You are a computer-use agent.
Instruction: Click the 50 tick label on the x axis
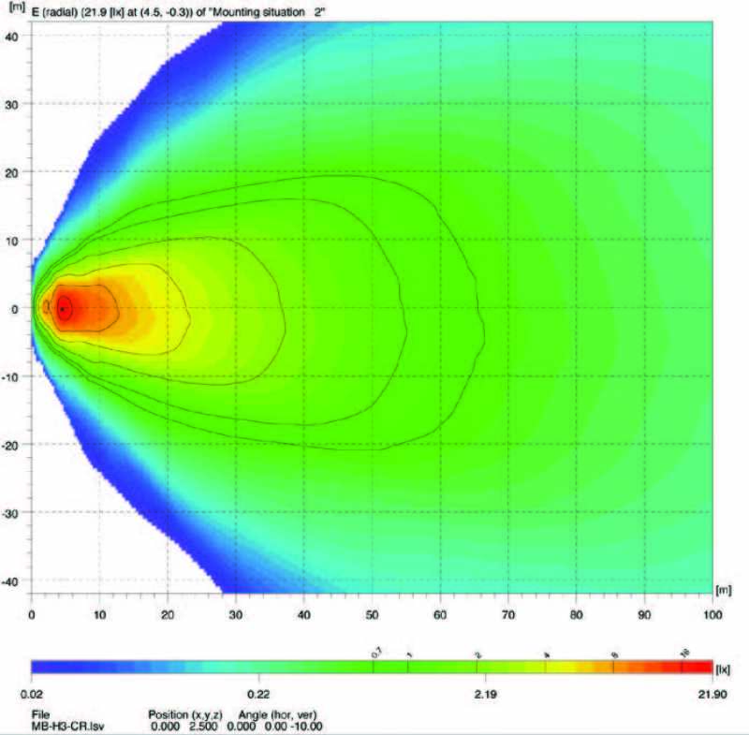pos(372,614)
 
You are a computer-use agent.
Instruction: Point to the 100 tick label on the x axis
pos(712,614)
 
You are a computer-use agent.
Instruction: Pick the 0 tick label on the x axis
pos(32,614)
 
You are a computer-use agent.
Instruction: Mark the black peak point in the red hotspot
pos(62,308)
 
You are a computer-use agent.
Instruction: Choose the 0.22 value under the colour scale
pos(258,695)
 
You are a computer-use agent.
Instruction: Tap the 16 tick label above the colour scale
pos(683,651)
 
